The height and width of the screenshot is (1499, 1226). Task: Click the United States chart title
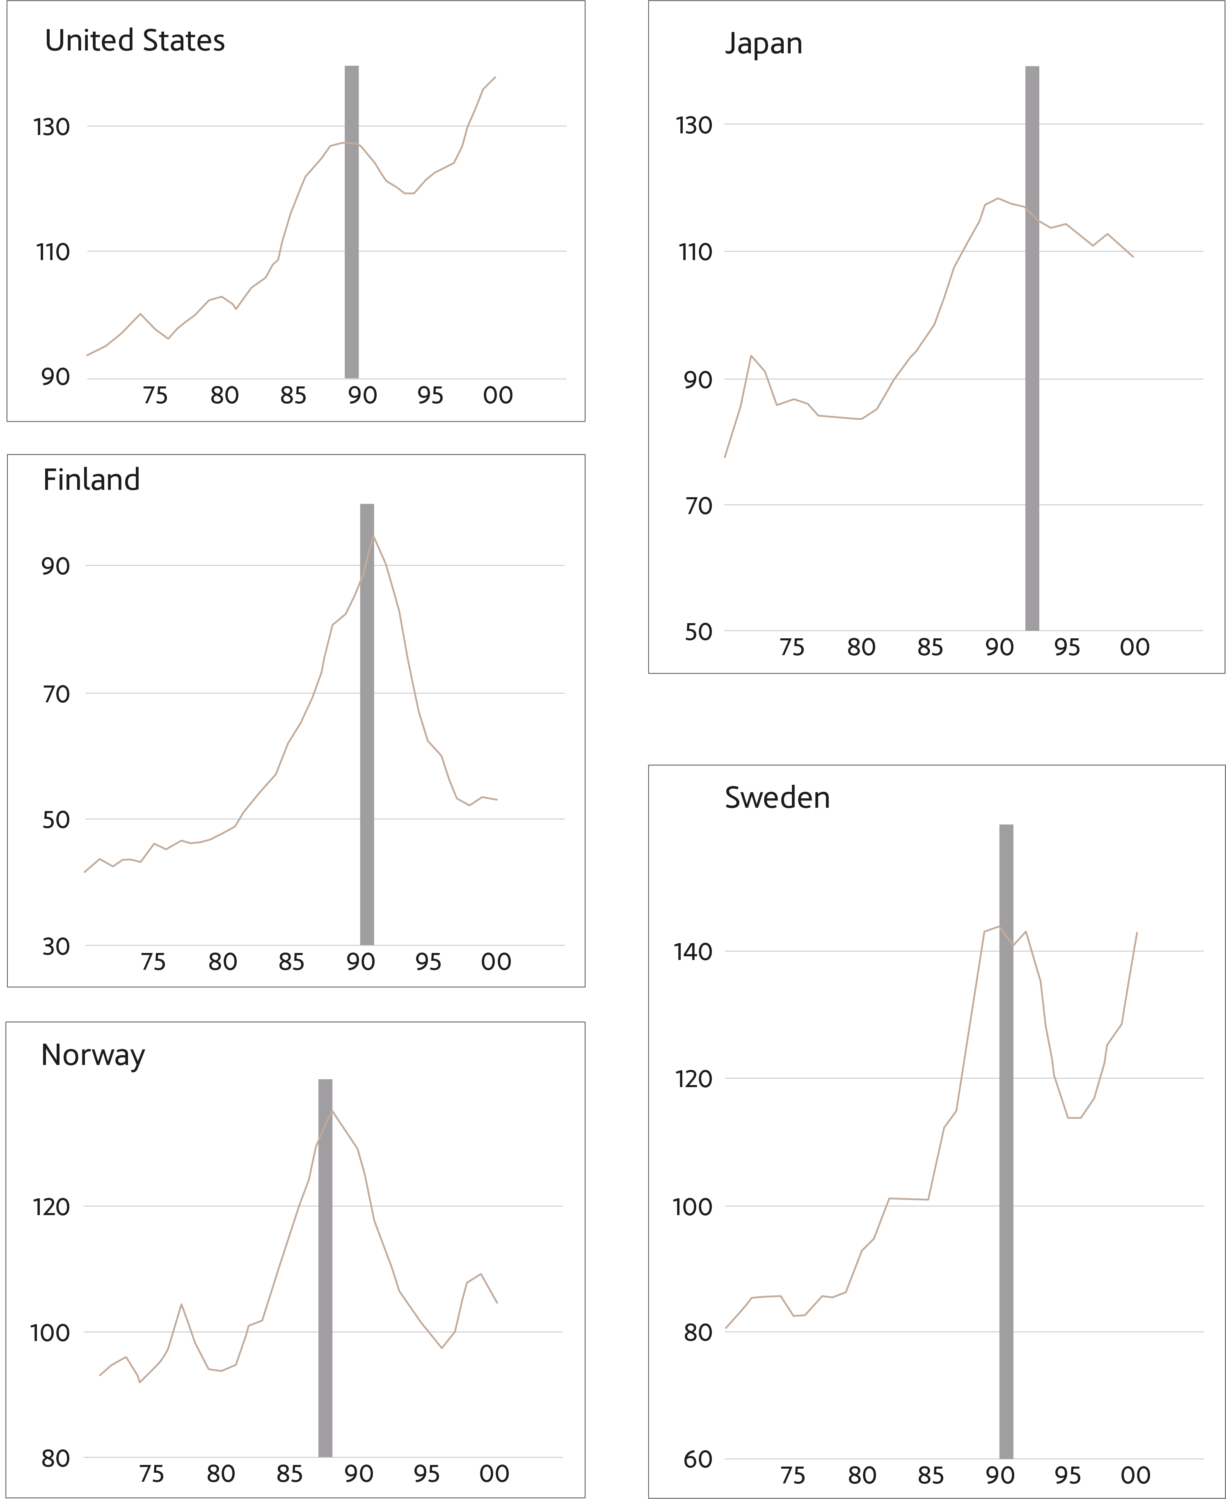tap(135, 41)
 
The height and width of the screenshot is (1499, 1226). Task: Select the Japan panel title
tap(764, 44)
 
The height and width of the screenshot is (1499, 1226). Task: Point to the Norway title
tap(93, 1055)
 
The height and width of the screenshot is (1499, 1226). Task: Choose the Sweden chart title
tap(777, 798)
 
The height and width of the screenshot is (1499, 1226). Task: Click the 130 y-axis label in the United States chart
tap(52, 127)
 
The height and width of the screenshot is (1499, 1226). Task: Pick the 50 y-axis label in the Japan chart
tap(698, 632)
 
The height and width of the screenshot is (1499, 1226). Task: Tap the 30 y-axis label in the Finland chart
tap(56, 946)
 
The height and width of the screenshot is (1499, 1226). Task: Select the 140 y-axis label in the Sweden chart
tap(693, 952)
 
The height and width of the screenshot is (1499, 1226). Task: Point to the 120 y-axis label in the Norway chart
tap(52, 1207)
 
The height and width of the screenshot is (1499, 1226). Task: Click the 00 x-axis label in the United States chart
tap(498, 395)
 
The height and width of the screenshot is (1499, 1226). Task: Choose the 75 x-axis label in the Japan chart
tap(791, 647)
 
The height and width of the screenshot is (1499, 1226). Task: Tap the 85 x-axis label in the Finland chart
tap(291, 962)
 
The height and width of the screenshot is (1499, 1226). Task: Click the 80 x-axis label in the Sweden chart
tap(862, 1475)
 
